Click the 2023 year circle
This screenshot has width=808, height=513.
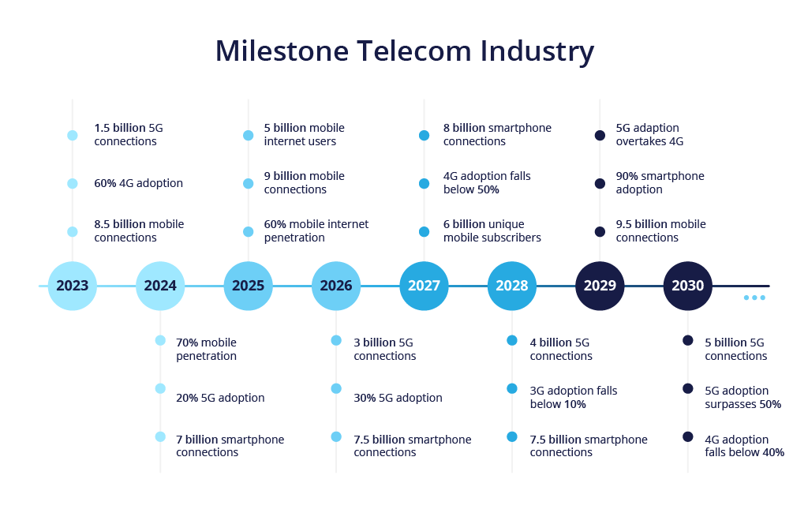click(x=73, y=286)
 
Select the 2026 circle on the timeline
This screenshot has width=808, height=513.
click(x=336, y=286)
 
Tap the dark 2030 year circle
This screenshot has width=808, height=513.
click(x=687, y=286)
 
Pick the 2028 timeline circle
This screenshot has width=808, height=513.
click(x=512, y=286)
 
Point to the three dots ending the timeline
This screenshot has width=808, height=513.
click(x=754, y=298)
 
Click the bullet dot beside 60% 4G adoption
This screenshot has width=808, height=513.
click(x=73, y=183)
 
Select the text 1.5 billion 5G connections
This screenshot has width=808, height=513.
click(x=129, y=135)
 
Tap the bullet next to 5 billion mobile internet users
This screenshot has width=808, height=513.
click(x=249, y=135)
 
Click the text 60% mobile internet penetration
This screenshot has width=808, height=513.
click(x=316, y=231)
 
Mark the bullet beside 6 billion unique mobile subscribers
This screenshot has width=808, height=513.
click(x=424, y=231)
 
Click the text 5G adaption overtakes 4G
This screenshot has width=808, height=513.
click(x=649, y=135)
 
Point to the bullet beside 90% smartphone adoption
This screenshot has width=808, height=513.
click(x=600, y=183)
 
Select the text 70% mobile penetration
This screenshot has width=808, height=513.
click(x=206, y=349)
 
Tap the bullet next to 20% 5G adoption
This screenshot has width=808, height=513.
click(x=160, y=388)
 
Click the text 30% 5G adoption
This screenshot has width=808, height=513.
click(x=398, y=398)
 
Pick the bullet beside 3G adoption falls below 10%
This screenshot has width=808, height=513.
click(x=512, y=388)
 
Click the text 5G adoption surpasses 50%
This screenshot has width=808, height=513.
click(x=743, y=397)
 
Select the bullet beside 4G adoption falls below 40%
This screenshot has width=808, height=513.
click(x=687, y=436)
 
